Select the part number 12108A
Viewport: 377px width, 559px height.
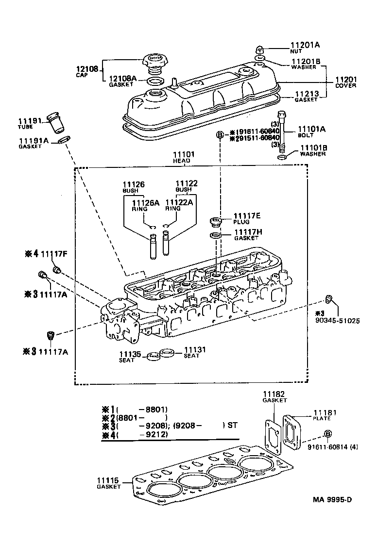tap(122, 78)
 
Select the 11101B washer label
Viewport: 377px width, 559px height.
tap(313, 148)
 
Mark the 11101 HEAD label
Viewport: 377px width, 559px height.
tap(184, 155)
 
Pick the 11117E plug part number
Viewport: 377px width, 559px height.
tap(247, 215)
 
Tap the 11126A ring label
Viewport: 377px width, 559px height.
tap(146, 202)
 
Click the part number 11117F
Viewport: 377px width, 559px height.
tap(54, 253)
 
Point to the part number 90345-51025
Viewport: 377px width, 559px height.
tap(337, 320)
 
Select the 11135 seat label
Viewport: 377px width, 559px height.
tap(130, 354)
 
